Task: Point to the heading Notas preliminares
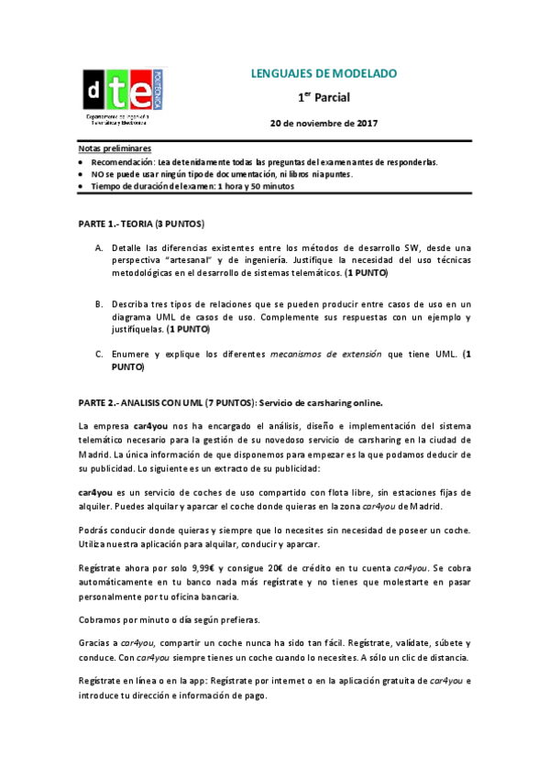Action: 115,148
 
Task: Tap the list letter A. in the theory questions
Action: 99,248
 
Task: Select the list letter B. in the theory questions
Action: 99,303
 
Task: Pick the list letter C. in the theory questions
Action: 99,353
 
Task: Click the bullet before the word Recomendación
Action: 82,161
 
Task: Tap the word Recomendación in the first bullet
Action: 122,161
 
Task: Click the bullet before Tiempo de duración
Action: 82,186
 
